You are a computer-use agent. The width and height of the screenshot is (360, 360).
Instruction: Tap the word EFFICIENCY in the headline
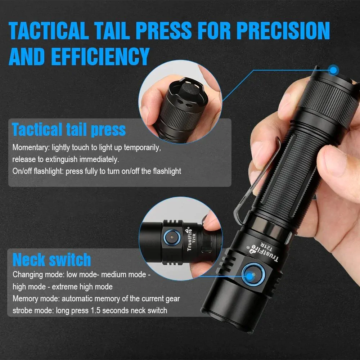(100, 57)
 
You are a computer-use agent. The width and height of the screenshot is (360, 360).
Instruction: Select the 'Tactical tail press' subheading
(69, 130)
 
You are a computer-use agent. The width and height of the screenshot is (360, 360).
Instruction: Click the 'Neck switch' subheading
(52, 260)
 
